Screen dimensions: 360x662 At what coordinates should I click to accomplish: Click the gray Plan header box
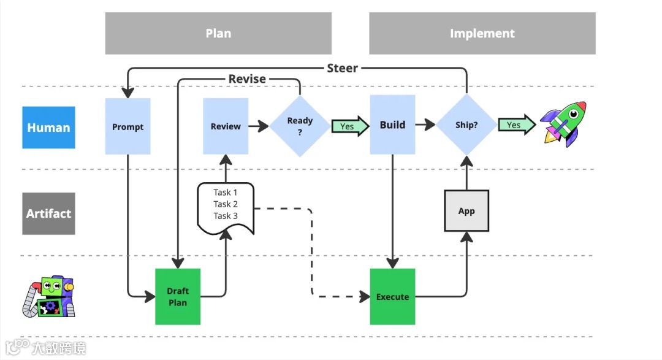pos(218,33)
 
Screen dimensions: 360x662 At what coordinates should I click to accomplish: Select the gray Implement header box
pos(482,33)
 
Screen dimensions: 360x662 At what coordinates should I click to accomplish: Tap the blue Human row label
pos(48,128)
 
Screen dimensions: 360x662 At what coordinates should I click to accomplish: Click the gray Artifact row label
pos(48,213)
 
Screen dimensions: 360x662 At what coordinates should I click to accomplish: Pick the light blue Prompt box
pos(127,126)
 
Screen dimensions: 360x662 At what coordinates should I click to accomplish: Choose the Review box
pos(226,126)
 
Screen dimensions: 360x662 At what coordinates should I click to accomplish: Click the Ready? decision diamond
pos(300,126)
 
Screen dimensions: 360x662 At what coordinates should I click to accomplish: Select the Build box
pos(392,125)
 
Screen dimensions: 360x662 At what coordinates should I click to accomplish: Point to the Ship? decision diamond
pos(466,125)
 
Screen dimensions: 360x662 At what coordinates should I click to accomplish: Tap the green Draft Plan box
pos(177,297)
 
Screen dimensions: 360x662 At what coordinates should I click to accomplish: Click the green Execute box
pos(392,297)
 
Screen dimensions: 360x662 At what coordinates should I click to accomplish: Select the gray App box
pos(466,211)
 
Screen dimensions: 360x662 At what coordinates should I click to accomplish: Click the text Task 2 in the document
pos(226,204)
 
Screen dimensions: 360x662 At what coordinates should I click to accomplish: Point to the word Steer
pos(342,68)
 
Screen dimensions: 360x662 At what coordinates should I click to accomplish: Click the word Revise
pos(247,79)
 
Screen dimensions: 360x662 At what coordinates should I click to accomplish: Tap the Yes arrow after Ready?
pos(350,126)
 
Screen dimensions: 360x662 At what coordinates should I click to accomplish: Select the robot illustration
pos(50,297)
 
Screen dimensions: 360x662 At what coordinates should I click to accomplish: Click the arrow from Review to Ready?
pos(259,126)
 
